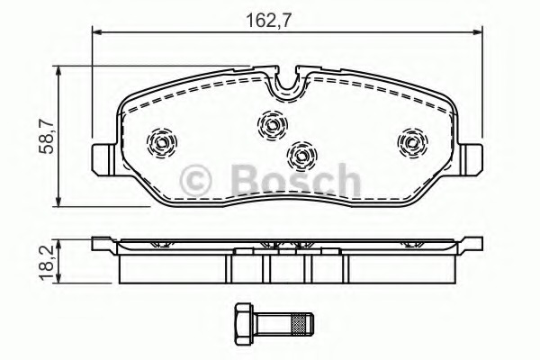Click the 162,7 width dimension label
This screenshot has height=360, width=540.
[x=268, y=20]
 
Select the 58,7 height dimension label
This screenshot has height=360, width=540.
[x=46, y=136]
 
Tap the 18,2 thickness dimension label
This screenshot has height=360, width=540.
[x=46, y=263]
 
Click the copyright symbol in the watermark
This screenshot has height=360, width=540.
[x=195, y=181]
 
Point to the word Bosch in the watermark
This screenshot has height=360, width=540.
[x=296, y=180]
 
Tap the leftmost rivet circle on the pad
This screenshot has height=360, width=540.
[x=161, y=142]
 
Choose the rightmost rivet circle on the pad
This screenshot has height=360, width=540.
[x=412, y=142]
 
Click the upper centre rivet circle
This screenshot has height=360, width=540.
[x=272, y=125]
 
